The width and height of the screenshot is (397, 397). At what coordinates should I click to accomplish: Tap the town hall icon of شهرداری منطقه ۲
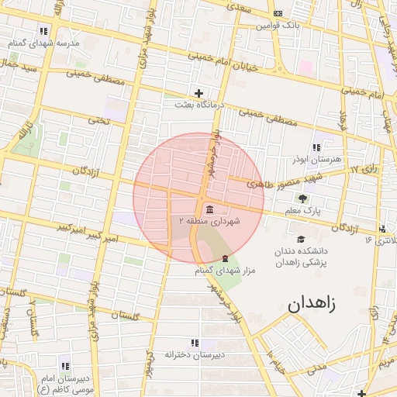[210, 208]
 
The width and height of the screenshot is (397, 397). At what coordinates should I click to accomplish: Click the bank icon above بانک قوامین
[278, 13]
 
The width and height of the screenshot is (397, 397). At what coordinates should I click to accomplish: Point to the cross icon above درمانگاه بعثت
[199, 92]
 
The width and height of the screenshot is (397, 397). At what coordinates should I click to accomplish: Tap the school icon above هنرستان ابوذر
[316, 147]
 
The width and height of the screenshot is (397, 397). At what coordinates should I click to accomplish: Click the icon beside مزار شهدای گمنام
[226, 257]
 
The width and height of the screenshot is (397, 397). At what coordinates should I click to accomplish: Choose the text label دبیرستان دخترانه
[195, 354]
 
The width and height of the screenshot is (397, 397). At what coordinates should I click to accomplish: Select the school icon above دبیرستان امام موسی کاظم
[64, 365]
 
